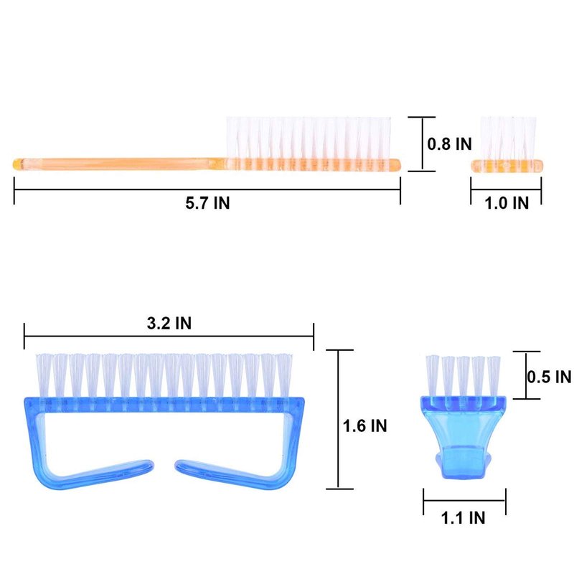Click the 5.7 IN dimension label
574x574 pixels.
[207, 203]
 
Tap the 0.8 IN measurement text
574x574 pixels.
[450, 143]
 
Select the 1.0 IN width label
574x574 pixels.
[507, 203]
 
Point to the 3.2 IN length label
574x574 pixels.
[169, 323]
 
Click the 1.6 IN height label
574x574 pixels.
[364, 425]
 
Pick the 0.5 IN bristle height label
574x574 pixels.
[549, 376]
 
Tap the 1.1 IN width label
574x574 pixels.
[463, 517]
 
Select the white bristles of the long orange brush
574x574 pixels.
[309, 138]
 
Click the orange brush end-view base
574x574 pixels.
[507, 166]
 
